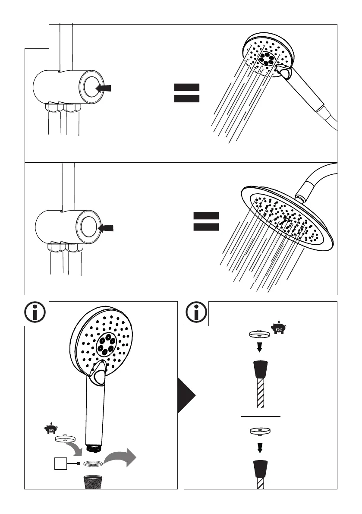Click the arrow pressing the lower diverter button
(x=107, y=227)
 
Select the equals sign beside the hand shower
(x=186, y=93)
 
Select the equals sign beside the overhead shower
(x=206, y=222)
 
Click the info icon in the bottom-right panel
(x=197, y=312)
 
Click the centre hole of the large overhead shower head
(x=286, y=219)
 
